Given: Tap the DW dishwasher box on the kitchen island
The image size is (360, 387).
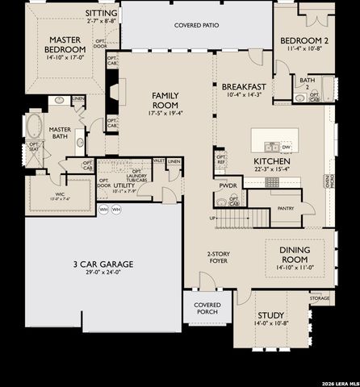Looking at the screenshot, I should (x=286, y=147).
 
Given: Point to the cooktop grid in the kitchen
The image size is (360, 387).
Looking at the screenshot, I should (x=271, y=182).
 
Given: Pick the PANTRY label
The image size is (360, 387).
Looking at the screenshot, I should (x=286, y=208).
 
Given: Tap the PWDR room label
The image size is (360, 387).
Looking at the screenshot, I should (x=228, y=185).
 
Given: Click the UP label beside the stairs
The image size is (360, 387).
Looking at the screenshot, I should (x=213, y=218).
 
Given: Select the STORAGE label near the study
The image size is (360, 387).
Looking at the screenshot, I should (x=319, y=298).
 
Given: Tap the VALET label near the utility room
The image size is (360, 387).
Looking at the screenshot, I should (x=159, y=161).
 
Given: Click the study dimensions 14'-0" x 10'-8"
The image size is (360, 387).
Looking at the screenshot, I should (x=270, y=323).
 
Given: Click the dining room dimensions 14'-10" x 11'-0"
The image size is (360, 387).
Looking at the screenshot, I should (x=295, y=267).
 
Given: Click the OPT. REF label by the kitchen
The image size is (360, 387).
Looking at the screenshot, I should (x=221, y=160).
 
